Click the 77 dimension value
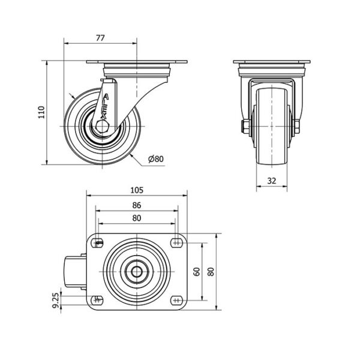(x=100, y=38)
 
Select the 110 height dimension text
(x=41, y=112)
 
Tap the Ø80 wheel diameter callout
(x=156, y=159)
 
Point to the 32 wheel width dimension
(x=272, y=181)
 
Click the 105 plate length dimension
(x=137, y=190)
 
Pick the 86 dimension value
(x=137, y=205)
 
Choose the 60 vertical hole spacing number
(x=197, y=272)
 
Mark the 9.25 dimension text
(x=56, y=301)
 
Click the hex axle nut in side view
(x=103, y=127)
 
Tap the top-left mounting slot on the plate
(x=98, y=243)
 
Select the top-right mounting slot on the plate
(x=176, y=243)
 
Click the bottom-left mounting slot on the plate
(x=98, y=300)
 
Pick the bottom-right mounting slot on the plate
(x=176, y=300)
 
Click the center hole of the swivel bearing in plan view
(x=137, y=272)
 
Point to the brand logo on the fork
(x=104, y=107)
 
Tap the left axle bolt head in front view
(x=245, y=127)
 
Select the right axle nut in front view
(x=296, y=127)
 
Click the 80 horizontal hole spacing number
(x=137, y=218)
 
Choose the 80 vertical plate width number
(x=211, y=272)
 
